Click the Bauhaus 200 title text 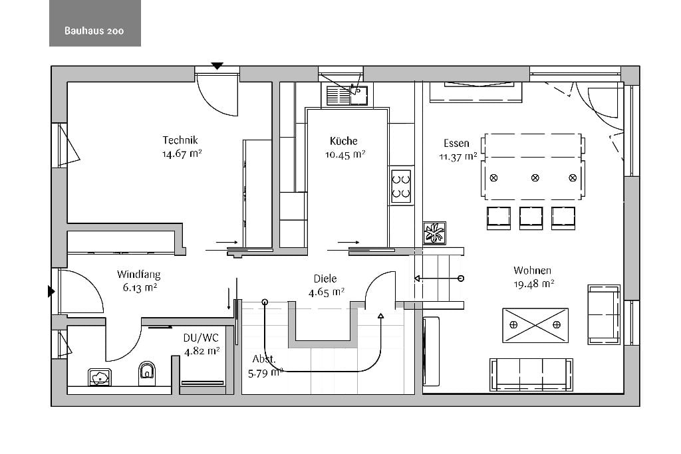tap(94, 31)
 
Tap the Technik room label tap(180, 140)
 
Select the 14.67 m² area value tap(182, 154)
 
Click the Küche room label tap(344, 141)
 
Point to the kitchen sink tap(347, 96)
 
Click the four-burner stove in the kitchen tap(401, 186)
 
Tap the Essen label tap(456, 143)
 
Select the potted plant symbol tap(434, 233)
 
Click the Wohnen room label tap(532, 271)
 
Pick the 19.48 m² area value tap(534, 284)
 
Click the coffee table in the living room tap(535, 325)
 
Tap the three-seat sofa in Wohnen tap(531, 375)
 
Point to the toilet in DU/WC tap(147, 373)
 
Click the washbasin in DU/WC tap(100, 377)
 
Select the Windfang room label tap(138, 275)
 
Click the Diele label tap(325, 279)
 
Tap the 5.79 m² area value tap(265, 373)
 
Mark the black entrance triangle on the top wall tap(217, 66)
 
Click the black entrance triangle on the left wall tap(51, 291)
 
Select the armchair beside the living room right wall tap(604, 314)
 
